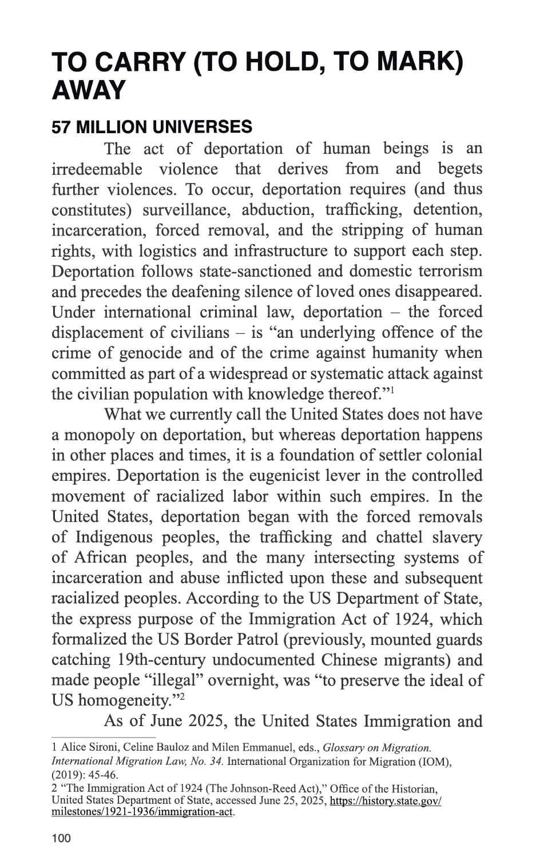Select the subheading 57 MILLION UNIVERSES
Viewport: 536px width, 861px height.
pyautogui.click(x=152, y=126)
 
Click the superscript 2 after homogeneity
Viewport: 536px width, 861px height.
pyautogui.click(x=182, y=696)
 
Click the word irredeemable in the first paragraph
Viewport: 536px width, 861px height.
pyautogui.click(x=97, y=169)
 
